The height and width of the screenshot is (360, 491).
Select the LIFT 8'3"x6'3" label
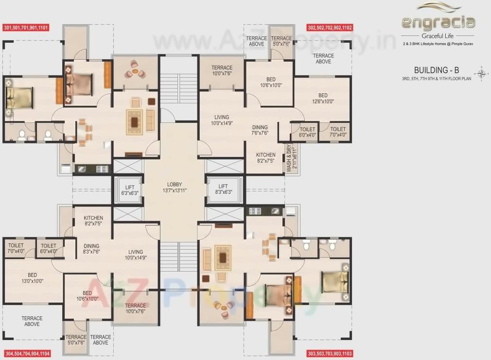(223, 189)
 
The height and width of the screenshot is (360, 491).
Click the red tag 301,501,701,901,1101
(26, 28)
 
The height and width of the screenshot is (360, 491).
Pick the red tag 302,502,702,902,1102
(330, 28)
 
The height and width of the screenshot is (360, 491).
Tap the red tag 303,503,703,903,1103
(330, 353)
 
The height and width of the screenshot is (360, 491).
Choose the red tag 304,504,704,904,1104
(27, 353)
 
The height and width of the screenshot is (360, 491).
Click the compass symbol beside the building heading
(482, 73)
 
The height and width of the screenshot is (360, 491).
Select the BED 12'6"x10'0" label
(323, 99)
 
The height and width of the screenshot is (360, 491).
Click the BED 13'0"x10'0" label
(32, 278)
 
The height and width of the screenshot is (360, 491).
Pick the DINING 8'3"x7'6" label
(91, 249)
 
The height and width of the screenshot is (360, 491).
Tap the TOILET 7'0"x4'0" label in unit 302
(338, 132)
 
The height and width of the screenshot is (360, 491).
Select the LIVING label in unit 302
(222, 120)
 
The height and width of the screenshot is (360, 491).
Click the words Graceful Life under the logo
(438, 36)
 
